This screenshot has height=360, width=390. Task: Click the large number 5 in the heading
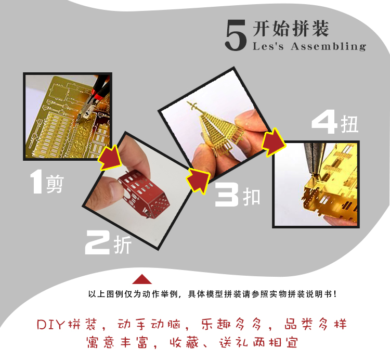pyautogui.click(x=236, y=35)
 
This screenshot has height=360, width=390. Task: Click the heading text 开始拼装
pyautogui.click(x=291, y=29)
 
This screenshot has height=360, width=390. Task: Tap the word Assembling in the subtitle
pyautogui.click(x=328, y=46)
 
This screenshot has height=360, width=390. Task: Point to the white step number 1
pyautogui.click(x=36, y=181)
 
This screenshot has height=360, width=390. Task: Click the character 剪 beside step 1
pyautogui.click(x=55, y=184)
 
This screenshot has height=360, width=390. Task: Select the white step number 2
pyautogui.click(x=97, y=242)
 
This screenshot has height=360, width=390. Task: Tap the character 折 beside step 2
pyautogui.click(x=123, y=245)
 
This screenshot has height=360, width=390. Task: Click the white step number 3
pyautogui.click(x=227, y=195)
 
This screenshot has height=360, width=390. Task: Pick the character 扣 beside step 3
pyautogui.click(x=252, y=197)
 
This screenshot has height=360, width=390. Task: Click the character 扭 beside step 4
pyautogui.click(x=349, y=124)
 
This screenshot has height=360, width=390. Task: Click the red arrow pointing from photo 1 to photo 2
pyautogui.click(x=110, y=157)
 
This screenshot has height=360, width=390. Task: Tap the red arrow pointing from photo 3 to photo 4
pyautogui.click(x=273, y=143)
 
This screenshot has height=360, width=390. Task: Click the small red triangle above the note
pyautogui.click(x=142, y=279)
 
